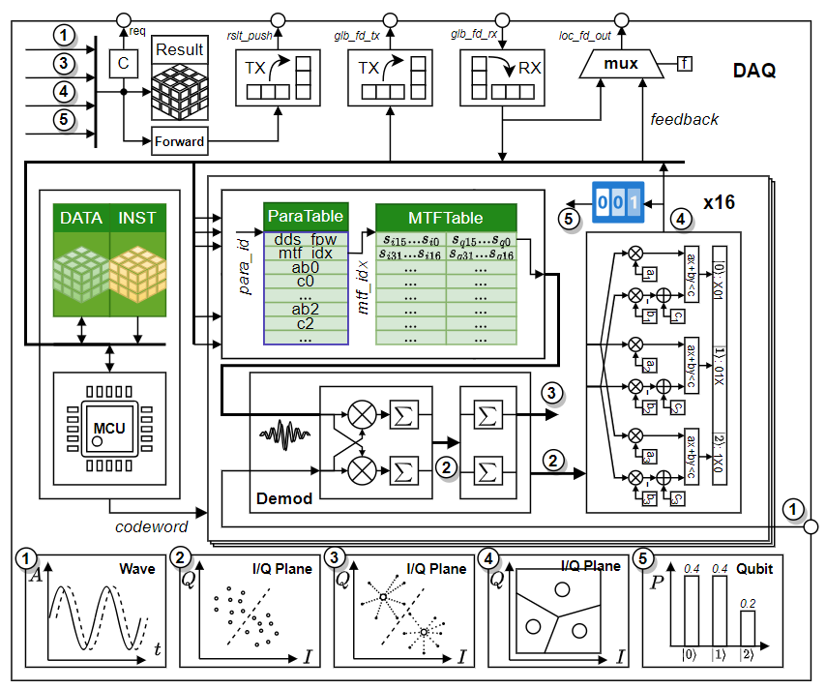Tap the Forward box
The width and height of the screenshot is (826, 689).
(x=180, y=141)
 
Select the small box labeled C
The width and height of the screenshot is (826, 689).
(x=123, y=63)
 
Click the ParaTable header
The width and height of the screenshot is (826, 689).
(x=306, y=217)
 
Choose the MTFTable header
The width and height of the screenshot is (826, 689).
(x=446, y=218)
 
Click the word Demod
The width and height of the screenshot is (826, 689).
(x=285, y=498)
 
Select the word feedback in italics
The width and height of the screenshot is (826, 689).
(x=684, y=119)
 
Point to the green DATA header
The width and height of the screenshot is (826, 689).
(x=81, y=219)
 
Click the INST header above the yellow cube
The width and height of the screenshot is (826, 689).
(x=136, y=219)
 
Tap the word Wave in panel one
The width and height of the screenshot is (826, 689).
(x=137, y=569)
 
